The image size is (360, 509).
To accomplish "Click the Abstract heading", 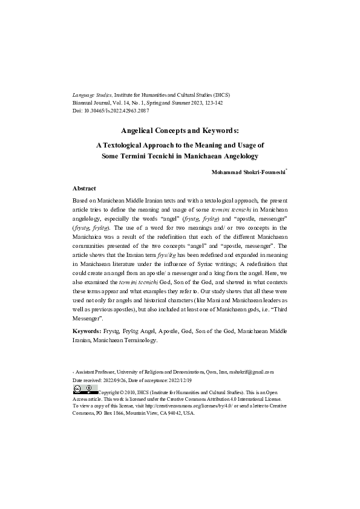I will (83, 189).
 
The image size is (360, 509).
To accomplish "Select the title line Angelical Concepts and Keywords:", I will (180, 130).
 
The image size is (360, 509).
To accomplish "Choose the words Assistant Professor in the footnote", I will (96, 372).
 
